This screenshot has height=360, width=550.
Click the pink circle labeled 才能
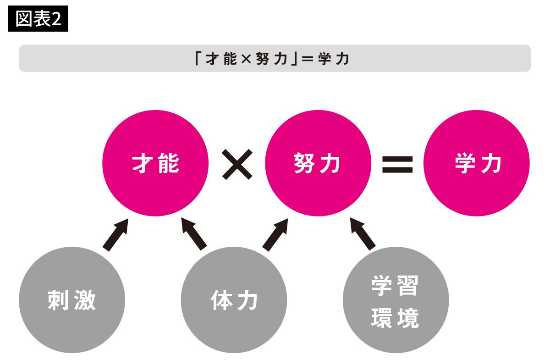coord(155,163)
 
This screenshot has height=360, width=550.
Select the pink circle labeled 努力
coord(318,163)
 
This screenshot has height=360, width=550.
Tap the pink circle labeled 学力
coord(477,163)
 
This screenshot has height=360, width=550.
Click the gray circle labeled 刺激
coord(72,300)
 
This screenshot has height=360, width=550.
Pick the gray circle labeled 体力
coord(234,300)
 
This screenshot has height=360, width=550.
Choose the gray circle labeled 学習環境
coord(396,300)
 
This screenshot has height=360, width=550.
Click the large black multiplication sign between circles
coord(237,164)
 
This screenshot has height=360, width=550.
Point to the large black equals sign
coord(397,164)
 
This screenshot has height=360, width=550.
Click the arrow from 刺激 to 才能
coord(115,234)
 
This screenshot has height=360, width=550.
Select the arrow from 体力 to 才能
coord(193,233)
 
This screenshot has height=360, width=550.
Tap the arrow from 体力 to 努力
coord(276,233)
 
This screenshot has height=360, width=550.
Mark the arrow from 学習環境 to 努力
coord(363,233)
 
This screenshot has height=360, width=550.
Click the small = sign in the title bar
coord(306,59)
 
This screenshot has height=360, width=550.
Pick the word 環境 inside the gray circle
coord(395,318)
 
